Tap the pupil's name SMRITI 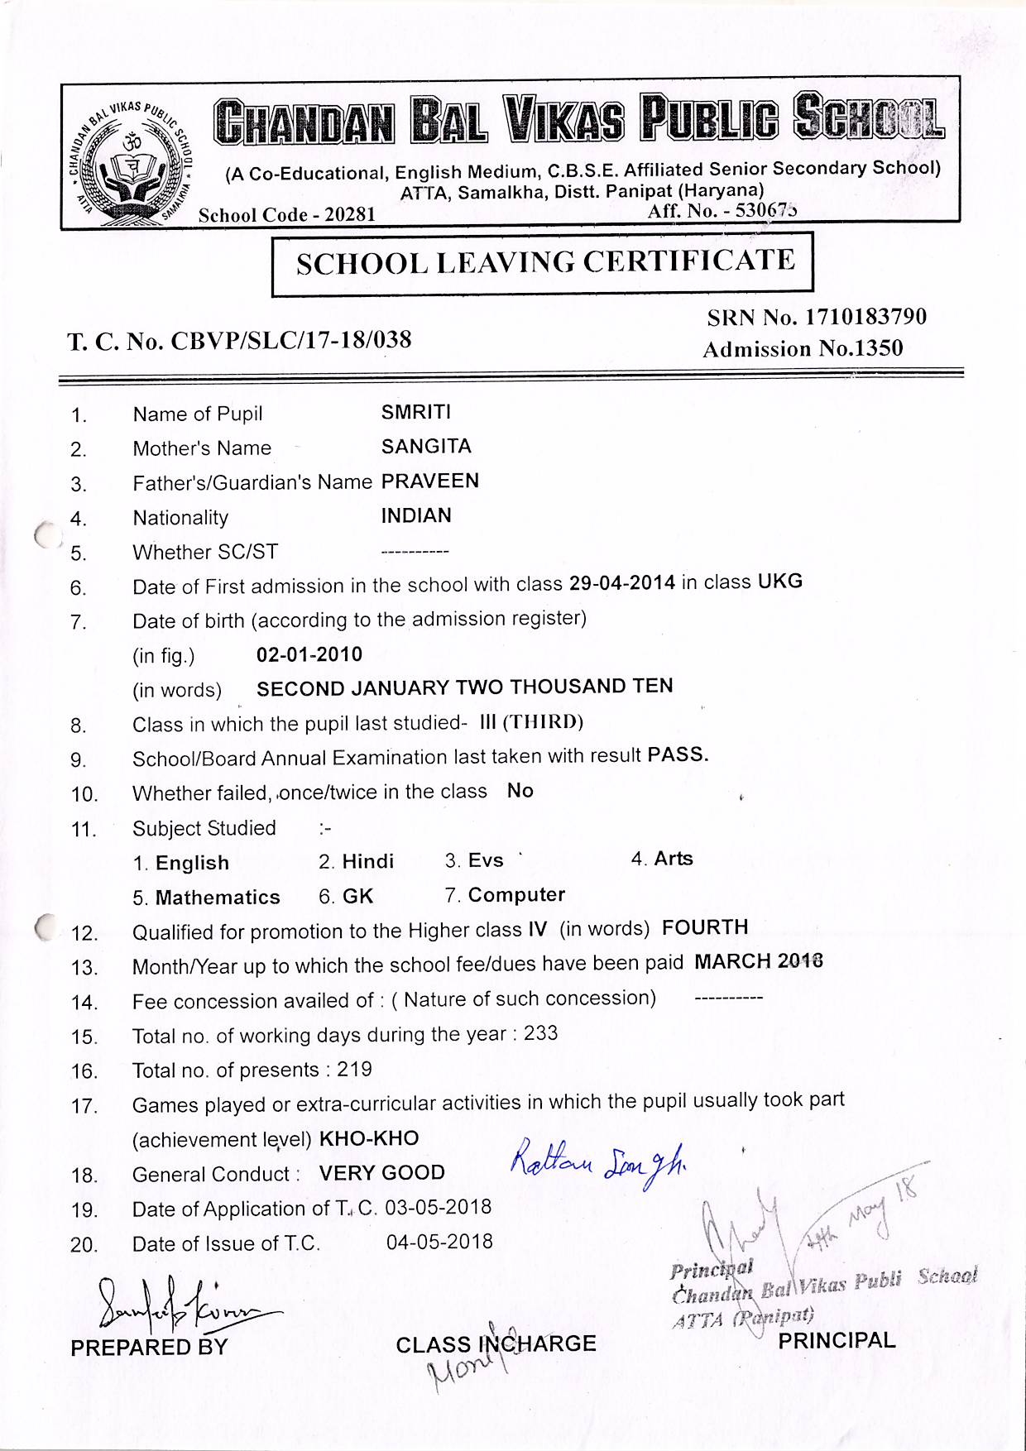(x=415, y=412)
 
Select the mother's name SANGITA (x=426, y=447)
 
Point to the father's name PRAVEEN (x=429, y=481)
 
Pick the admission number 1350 (x=879, y=348)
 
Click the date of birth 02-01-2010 (x=309, y=654)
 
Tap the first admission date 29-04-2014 (x=622, y=583)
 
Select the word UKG (x=779, y=581)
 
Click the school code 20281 (x=350, y=215)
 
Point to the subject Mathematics (x=218, y=898)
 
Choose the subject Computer (x=516, y=895)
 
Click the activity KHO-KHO (x=369, y=1138)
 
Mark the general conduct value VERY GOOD (x=381, y=1173)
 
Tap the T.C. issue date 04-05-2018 (x=439, y=1242)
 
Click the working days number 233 (x=540, y=1034)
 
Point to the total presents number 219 (x=354, y=1070)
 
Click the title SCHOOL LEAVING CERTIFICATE (x=545, y=263)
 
